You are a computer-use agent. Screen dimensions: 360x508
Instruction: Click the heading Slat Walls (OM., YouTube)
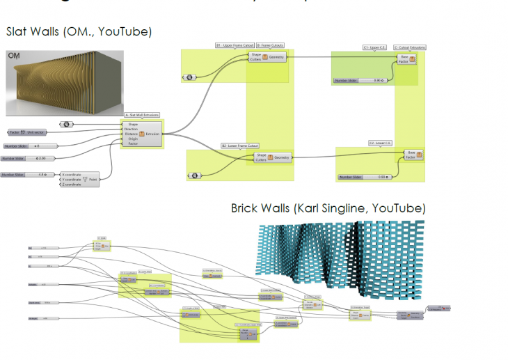[79, 32]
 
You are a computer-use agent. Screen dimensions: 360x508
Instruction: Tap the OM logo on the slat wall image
[14, 56]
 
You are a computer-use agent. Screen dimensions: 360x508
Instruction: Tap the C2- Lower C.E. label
[379, 143]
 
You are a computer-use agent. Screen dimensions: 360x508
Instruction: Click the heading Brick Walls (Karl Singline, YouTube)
[328, 208]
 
